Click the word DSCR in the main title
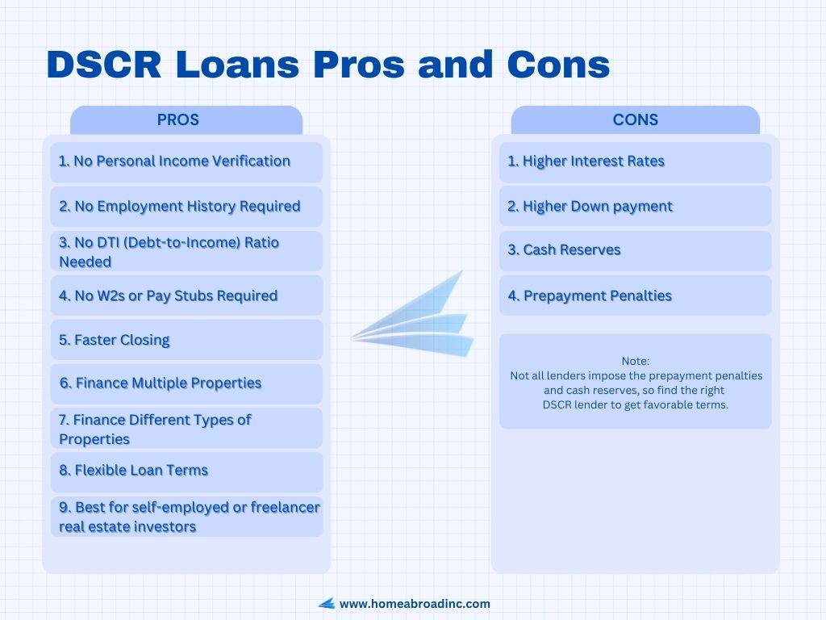click(x=104, y=65)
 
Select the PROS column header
click(x=178, y=119)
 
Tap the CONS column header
click(x=636, y=119)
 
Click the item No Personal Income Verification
click(x=174, y=161)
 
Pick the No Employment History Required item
click(x=180, y=206)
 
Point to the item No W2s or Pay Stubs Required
click(x=168, y=295)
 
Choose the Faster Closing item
click(x=115, y=340)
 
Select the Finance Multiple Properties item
click(x=161, y=383)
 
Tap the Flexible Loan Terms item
click(x=134, y=471)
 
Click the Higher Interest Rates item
click(x=586, y=161)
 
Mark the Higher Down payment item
click(x=590, y=206)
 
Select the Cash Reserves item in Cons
click(x=564, y=250)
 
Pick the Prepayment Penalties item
click(x=590, y=295)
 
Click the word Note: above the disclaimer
click(x=636, y=361)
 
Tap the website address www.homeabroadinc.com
click(x=415, y=604)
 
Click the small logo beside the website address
click(x=327, y=604)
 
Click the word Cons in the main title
click(x=558, y=65)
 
